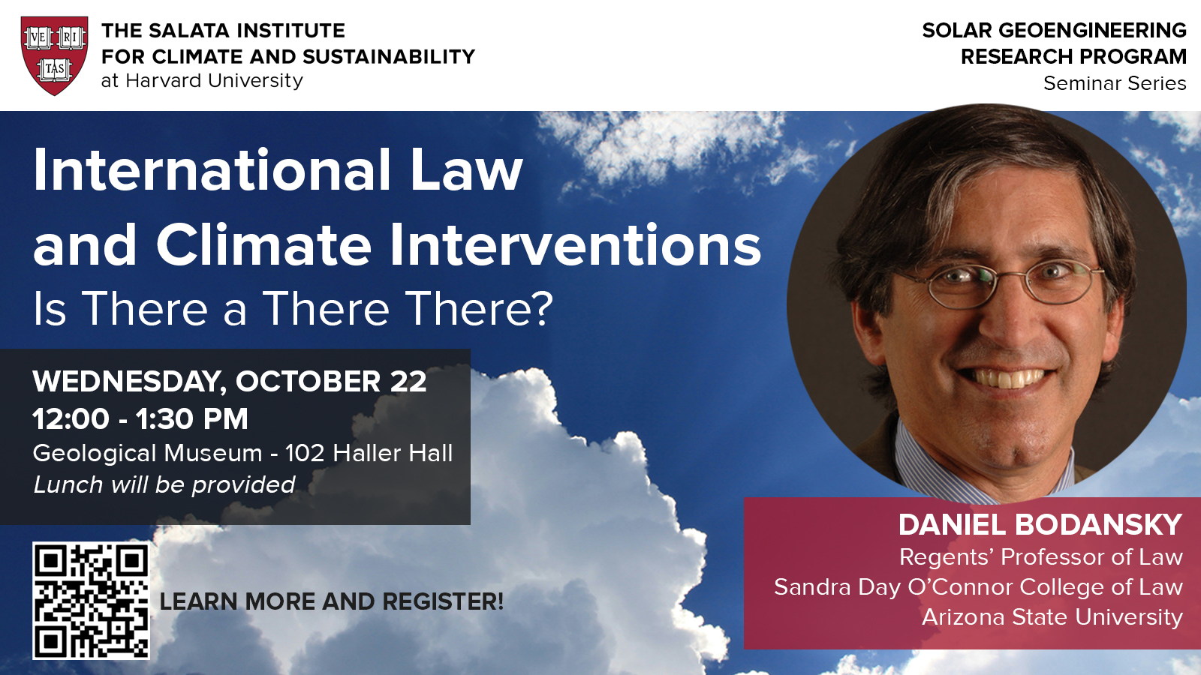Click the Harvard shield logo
coord(54,55)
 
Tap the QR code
coord(91,601)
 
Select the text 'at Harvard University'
coord(202,81)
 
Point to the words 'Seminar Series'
coord(1115,83)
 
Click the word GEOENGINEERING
coord(1092,31)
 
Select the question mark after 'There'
coord(543,308)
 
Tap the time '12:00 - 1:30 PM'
coord(140,419)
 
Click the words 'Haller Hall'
coord(393,453)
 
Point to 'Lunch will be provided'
coord(164,484)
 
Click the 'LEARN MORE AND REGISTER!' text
coord(331,601)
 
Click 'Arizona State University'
coord(1052,617)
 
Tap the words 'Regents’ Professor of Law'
coord(1040,557)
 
